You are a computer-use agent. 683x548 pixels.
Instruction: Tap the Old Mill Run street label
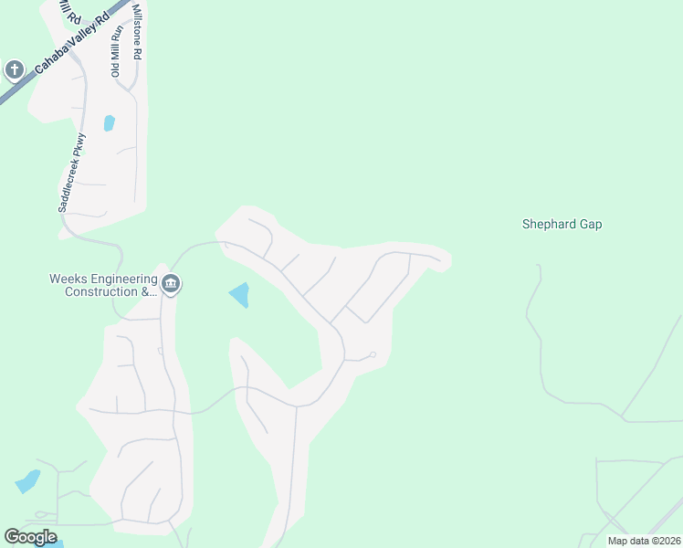coord(117,50)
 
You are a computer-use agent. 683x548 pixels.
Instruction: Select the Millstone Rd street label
coord(137,32)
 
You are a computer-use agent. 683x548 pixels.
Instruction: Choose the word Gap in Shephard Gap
coord(590,224)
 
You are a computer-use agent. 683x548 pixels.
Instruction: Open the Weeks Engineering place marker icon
coord(172,286)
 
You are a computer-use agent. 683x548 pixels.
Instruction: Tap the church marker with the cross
coord(14,69)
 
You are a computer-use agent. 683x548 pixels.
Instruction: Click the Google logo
coord(30,537)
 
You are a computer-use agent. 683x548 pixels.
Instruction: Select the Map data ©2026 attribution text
coord(643,541)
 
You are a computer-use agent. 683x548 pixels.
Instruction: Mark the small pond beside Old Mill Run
coord(110,122)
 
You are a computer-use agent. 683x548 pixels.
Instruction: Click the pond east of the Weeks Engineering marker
coord(240,295)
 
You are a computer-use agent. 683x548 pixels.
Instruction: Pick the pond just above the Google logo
coord(27,481)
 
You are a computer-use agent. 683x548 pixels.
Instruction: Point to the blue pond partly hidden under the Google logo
coord(55,543)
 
